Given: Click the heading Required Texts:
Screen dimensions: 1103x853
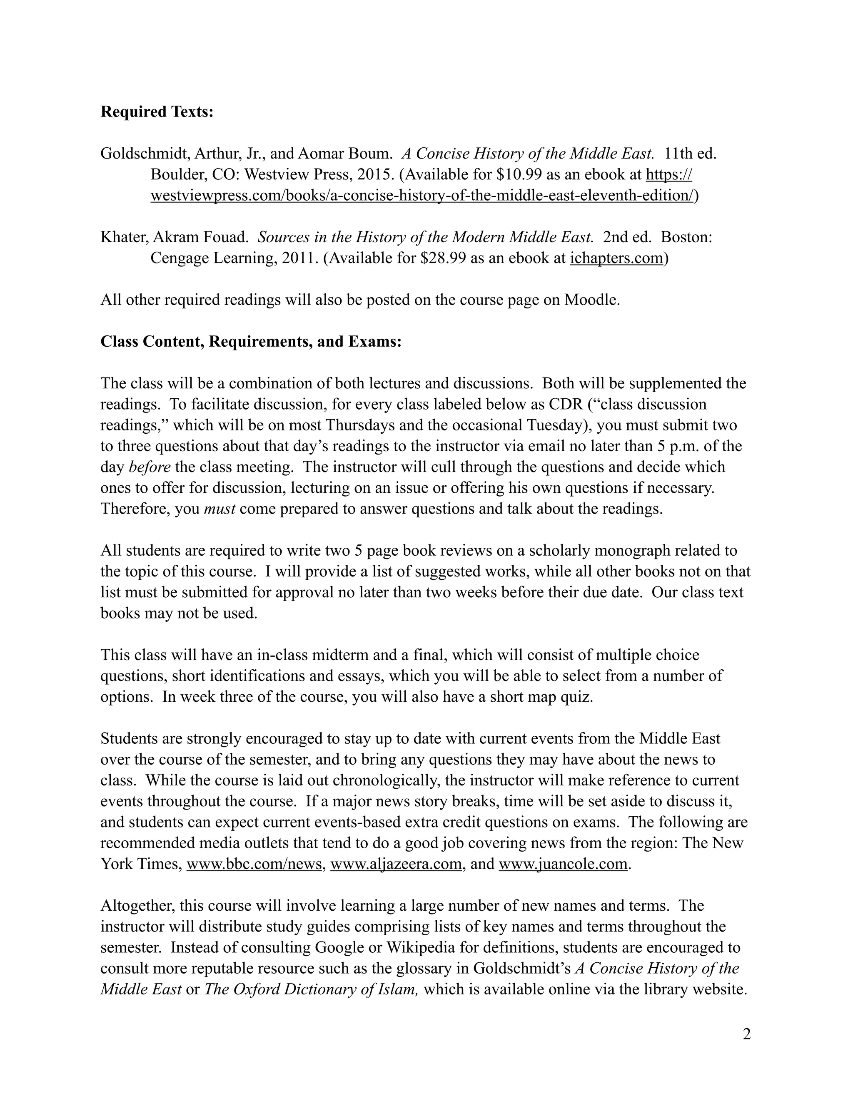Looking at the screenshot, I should coord(157,112).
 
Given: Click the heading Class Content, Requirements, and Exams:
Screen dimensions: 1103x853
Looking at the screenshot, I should coord(251,342).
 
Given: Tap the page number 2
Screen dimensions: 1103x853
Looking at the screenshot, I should coord(746,1035).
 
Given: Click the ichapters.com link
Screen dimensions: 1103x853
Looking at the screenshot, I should coord(616,258).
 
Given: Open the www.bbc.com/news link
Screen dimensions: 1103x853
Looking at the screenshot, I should coord(254,864).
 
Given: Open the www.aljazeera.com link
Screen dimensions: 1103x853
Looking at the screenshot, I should coord(396,864).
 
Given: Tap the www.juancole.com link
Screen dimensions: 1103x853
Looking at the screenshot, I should coord(562,864).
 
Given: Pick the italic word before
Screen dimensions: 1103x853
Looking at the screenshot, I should coord(150,467).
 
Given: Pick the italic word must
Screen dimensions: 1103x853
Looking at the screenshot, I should coord(219,509).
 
